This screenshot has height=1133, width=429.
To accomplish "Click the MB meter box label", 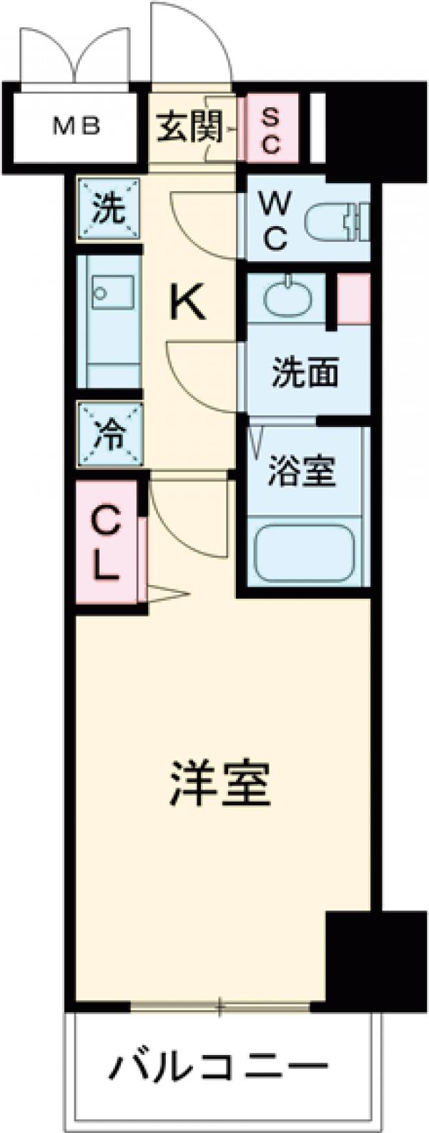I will [x=78, y=127].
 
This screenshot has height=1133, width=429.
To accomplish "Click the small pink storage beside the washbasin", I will [x=353, y=299].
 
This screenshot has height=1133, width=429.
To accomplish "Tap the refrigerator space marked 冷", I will [x=109, y=435].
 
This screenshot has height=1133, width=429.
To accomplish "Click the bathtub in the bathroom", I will [x=307, y=551].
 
